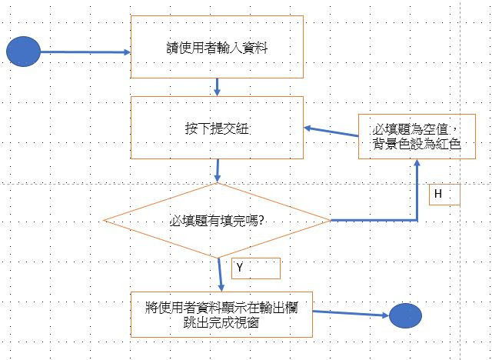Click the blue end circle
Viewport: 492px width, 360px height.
[405, 316]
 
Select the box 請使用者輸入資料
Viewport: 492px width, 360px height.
[217, 47]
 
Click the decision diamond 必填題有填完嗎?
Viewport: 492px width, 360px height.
[218, 221]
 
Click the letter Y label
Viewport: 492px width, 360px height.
[240, 268]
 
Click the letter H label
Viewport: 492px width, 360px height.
[438, 195]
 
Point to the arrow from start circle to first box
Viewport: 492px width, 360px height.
[85, 52]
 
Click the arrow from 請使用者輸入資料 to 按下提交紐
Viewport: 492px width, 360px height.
[218, 86]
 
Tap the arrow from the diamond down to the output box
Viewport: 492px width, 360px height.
[220, 274]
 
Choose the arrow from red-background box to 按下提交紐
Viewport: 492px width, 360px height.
[331, 133]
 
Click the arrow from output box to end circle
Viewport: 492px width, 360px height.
[350, 313]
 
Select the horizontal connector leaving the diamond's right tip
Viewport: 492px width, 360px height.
[373, 221]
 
